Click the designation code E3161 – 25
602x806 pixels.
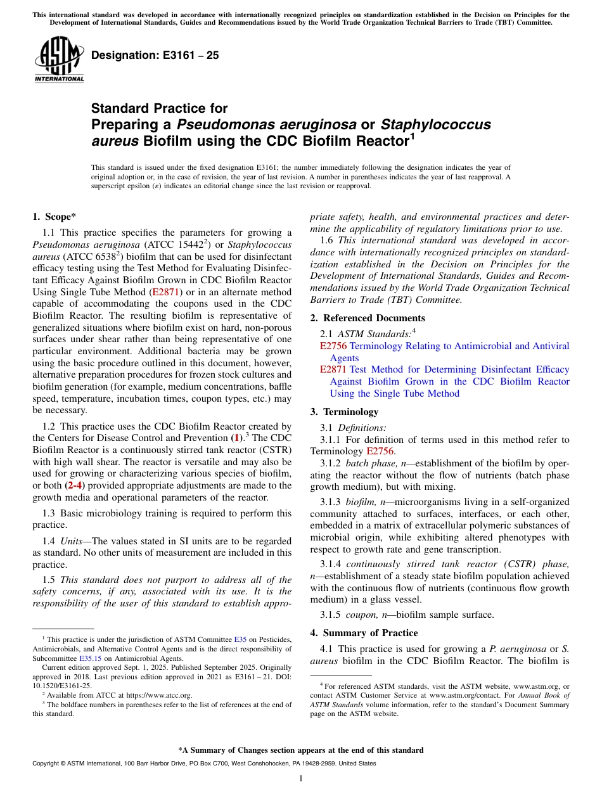point(155,55)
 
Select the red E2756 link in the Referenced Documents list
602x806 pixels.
point(333,346)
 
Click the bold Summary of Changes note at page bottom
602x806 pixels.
point(300,750)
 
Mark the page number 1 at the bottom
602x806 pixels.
point(300,779)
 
